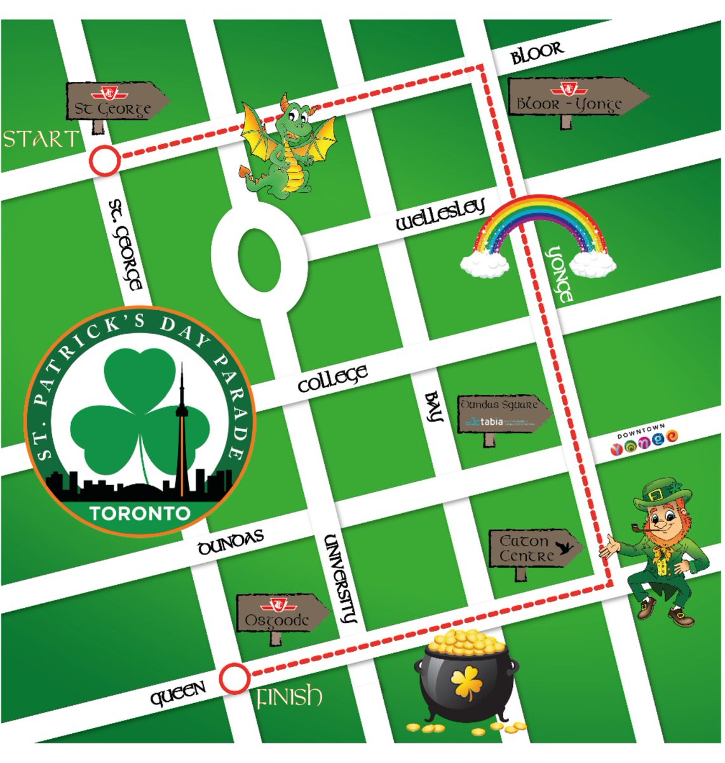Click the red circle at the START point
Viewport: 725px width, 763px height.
click(105, 160)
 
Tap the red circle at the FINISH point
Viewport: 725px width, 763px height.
click(234, 678)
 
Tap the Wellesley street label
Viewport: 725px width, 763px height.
click(440, 214)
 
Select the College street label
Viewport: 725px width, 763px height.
click(332, 378)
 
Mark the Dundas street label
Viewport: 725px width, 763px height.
click(230, 542)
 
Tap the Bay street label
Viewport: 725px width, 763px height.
click(433, 407)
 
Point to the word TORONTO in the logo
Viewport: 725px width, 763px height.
click(140, 512)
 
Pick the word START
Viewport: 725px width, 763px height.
click(41, 139)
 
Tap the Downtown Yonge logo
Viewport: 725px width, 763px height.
click(643, 440)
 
